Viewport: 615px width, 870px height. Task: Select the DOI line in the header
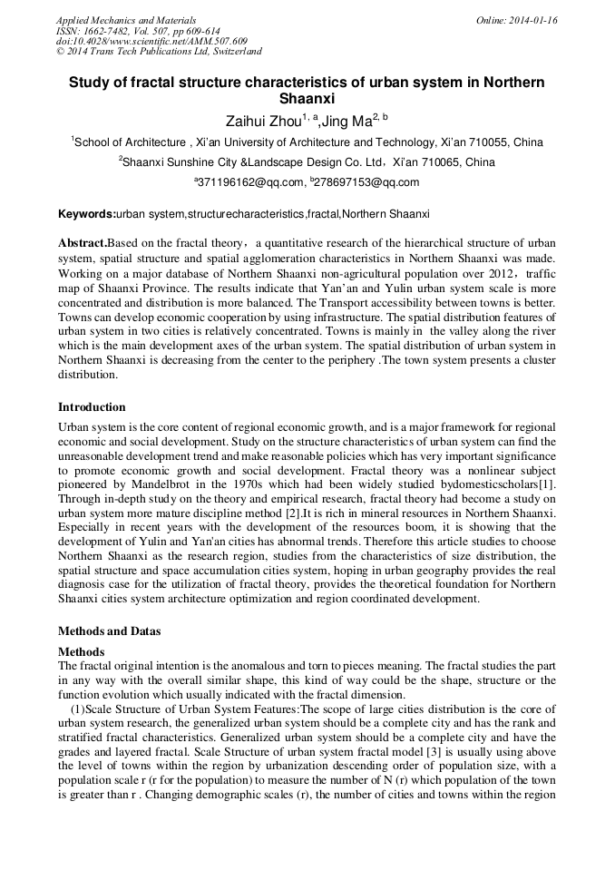click(151, 41)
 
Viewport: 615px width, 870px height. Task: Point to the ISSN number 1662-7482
click(105, 31)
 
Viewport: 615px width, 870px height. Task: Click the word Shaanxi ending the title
click(307, 99)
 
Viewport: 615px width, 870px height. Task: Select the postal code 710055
click(484, 142)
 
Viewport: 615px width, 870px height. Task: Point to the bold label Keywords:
click(86, 214)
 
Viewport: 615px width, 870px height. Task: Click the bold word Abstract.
click(82, 244)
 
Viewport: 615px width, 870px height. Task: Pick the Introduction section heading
click(92, 407)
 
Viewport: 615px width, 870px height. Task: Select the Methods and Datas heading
click(110, 630)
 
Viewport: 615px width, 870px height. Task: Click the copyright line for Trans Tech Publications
click(159, 52)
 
